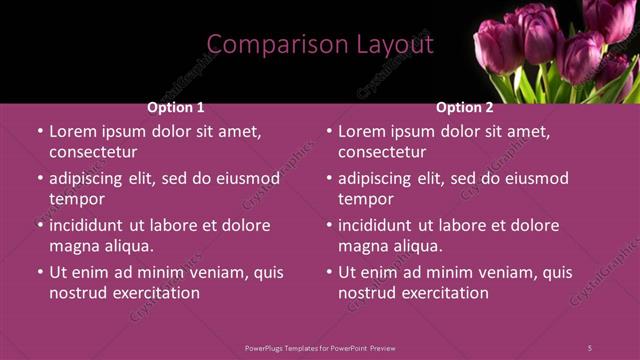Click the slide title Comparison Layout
coord(320,45)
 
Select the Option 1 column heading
coord(176,107)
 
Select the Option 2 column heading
coord(465,107)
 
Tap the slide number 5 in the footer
coord(589,347)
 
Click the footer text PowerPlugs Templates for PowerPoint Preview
coord(320,347)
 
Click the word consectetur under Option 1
coord(93,152)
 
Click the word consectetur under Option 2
coord(382,152)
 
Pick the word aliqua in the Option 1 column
coord(127,246)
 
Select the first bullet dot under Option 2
coord(329,131)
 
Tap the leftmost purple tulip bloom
coord(497,45)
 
